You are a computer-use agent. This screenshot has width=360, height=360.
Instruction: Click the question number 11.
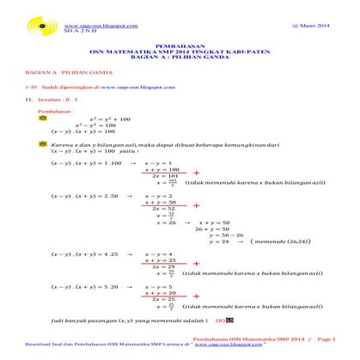pyautogui.click(x=29, y=124)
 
